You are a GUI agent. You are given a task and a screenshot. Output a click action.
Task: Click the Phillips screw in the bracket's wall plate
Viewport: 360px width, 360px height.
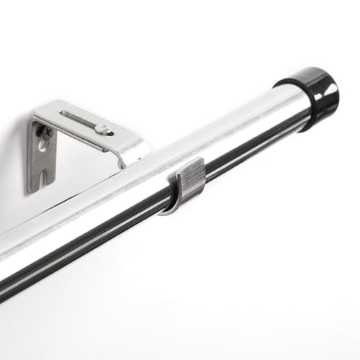[45, 134]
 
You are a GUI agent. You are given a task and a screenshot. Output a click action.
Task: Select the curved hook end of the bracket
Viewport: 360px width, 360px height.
[133, 151]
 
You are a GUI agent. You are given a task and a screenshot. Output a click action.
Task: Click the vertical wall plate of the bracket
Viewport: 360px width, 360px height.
[40, 158]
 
